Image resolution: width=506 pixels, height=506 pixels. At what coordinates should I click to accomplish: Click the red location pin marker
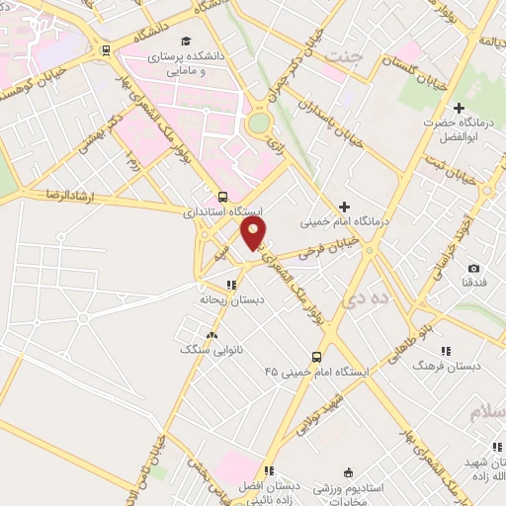[x=255, y=233]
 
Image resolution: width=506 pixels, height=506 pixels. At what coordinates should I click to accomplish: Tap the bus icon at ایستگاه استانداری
[x=223, y=197]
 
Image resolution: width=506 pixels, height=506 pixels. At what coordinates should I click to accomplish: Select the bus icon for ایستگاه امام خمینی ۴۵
[x=316, y=357]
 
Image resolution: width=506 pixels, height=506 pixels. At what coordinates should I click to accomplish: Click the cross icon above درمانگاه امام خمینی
[x=344, y=207]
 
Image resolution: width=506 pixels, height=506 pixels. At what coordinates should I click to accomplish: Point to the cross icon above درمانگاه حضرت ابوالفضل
[x=458, y=108]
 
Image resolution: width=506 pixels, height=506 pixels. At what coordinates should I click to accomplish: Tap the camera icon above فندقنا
[x=473, y=269]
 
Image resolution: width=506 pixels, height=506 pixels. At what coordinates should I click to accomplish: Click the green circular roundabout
[x=259, y=124]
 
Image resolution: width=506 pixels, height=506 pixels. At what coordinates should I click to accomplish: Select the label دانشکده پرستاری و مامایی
[x=186, y=64]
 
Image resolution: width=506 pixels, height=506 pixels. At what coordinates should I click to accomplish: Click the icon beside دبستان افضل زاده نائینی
[x=269, y=470]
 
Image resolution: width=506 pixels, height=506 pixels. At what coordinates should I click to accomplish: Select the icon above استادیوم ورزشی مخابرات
[x=347, y=473]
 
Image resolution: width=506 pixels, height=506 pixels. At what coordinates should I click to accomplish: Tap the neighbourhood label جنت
[x=348, y=57]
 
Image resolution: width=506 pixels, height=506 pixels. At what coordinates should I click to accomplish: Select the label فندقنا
[x=473, y=283]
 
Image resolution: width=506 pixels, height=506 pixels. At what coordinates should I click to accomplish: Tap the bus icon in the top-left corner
[x=106, y=49]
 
